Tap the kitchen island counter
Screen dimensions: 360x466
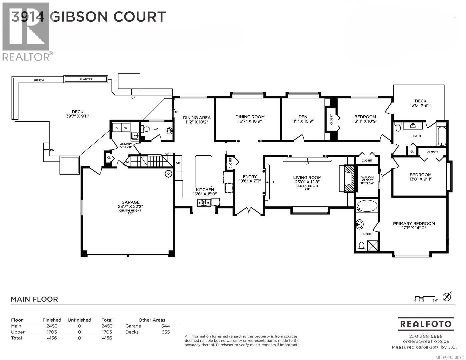point(203,171)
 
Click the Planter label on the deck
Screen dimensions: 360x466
point(86,79)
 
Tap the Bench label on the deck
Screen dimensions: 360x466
point(39,80)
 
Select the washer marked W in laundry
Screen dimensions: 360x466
point(126,128)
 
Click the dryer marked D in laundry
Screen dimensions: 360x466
point(117,128)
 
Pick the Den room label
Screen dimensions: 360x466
point(303,117)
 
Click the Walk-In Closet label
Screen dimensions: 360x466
point(367,180)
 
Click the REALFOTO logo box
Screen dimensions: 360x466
point(425,324)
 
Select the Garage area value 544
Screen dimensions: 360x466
point(165,326)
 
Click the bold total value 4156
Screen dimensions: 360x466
point(107,338)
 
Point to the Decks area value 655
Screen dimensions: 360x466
point(165,332)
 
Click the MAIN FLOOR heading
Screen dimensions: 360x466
point(34,299)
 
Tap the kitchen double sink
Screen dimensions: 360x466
point(203,202)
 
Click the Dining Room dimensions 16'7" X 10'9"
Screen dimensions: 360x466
point(250,121)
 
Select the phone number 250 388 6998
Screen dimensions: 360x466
point(425,336)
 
